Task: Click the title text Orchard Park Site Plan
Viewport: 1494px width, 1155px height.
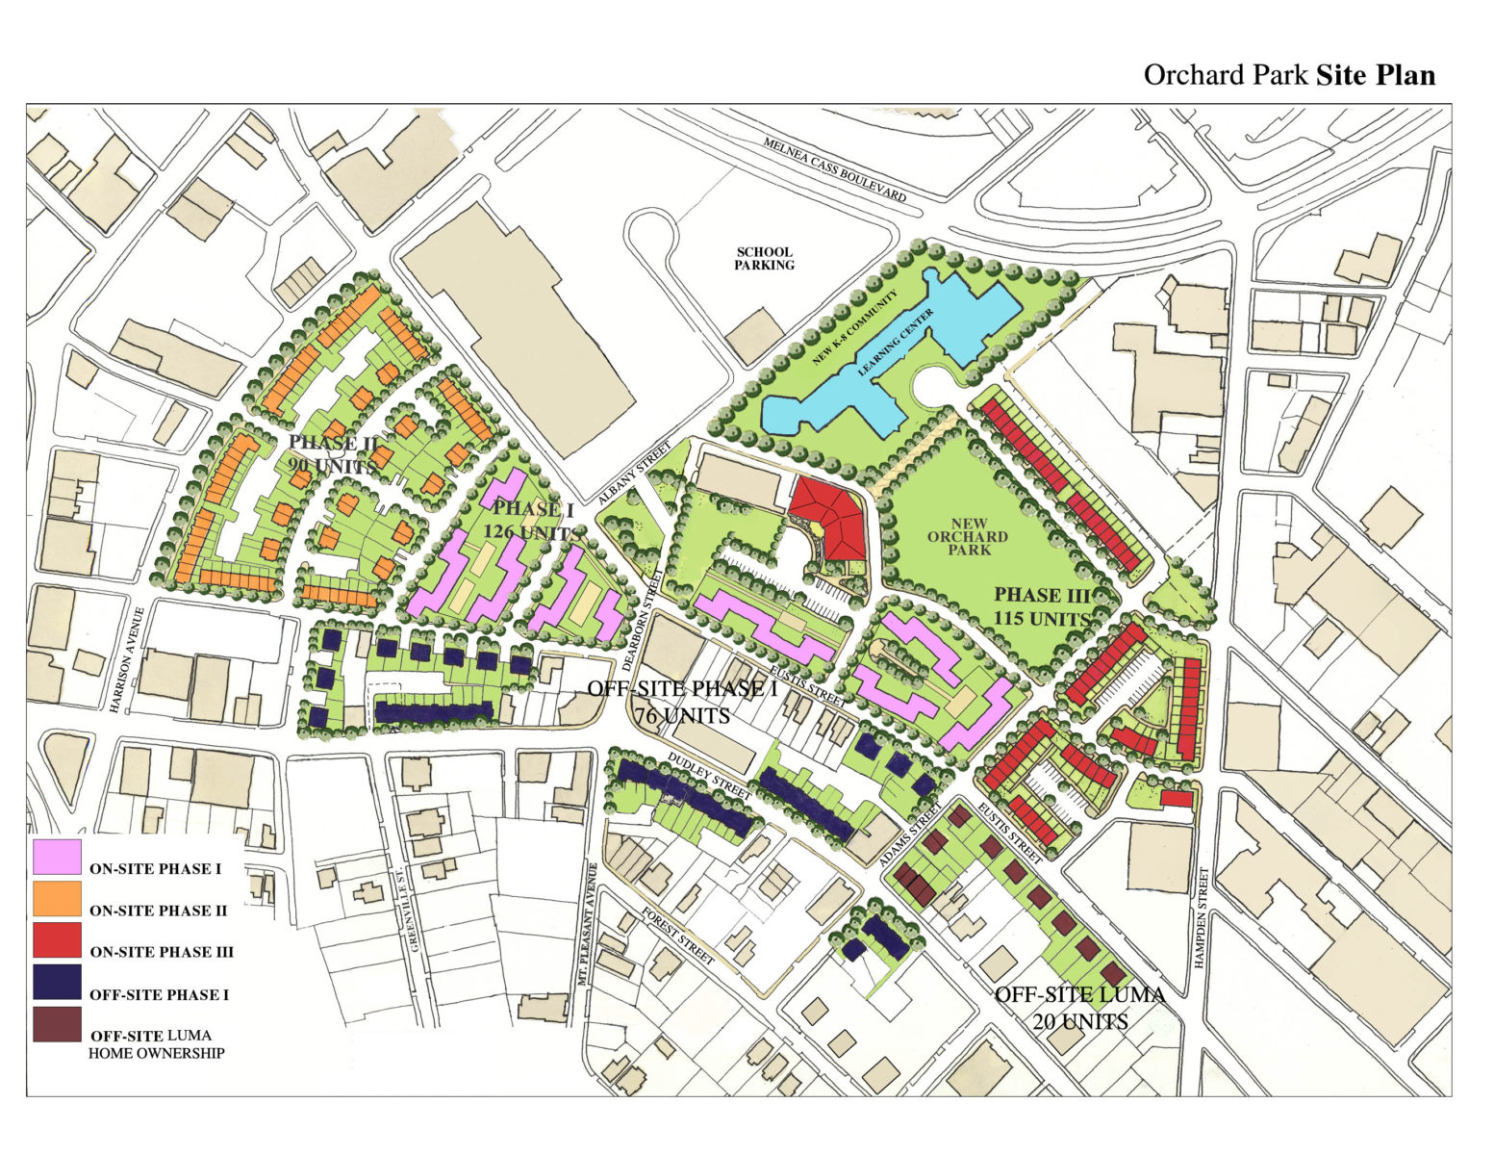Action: click(1288, 75)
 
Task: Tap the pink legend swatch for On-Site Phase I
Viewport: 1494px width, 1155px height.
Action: click(57, 857)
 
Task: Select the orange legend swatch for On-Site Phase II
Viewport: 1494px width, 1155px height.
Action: click(57, 899)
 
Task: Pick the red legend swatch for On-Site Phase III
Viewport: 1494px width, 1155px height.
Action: click(57, 940)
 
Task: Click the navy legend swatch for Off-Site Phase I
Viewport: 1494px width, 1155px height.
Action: click(57, 983)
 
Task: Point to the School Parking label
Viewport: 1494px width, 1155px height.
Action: click(764, 259)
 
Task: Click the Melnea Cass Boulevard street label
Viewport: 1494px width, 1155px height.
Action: click(834, 169)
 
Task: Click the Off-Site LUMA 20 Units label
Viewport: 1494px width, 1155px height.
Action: click(1079, 1008)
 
